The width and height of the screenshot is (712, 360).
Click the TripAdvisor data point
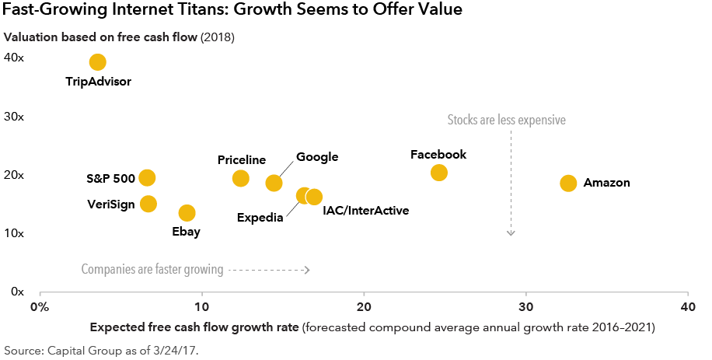pos(97,62)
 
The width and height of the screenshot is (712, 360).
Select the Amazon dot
pos(568,183)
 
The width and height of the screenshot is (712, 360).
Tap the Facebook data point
pos(439,173)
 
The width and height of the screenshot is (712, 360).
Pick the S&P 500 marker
pos(147,178)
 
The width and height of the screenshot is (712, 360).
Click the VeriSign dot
pos(148,204)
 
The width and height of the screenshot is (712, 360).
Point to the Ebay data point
pos(187,213)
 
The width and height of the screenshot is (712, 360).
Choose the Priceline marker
pos(241,178)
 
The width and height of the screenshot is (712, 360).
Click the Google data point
pos(274,183)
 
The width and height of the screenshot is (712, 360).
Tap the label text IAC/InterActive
pos(365,210)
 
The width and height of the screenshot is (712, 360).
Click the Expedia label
pos(260,217)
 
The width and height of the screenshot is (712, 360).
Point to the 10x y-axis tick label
pos(15,232)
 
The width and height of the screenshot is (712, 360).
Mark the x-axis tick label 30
pos(526,306)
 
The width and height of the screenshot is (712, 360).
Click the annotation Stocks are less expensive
pos(506,121)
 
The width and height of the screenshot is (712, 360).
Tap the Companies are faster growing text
pos(152,270)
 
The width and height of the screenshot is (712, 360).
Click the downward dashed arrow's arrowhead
pos(511,232)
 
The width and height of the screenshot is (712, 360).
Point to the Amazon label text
pos(606,183)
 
